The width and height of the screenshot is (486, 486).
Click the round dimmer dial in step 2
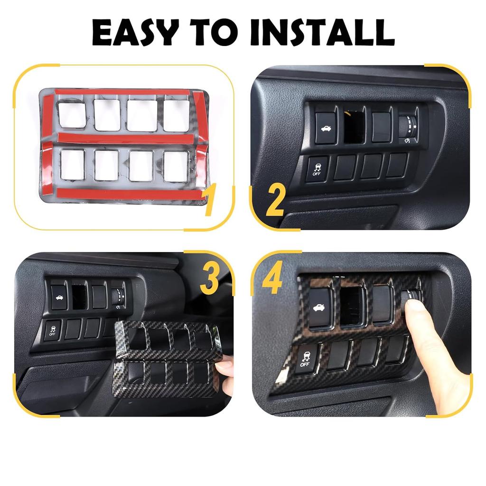(408, 125)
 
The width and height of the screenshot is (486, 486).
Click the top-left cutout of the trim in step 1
(72, 114)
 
